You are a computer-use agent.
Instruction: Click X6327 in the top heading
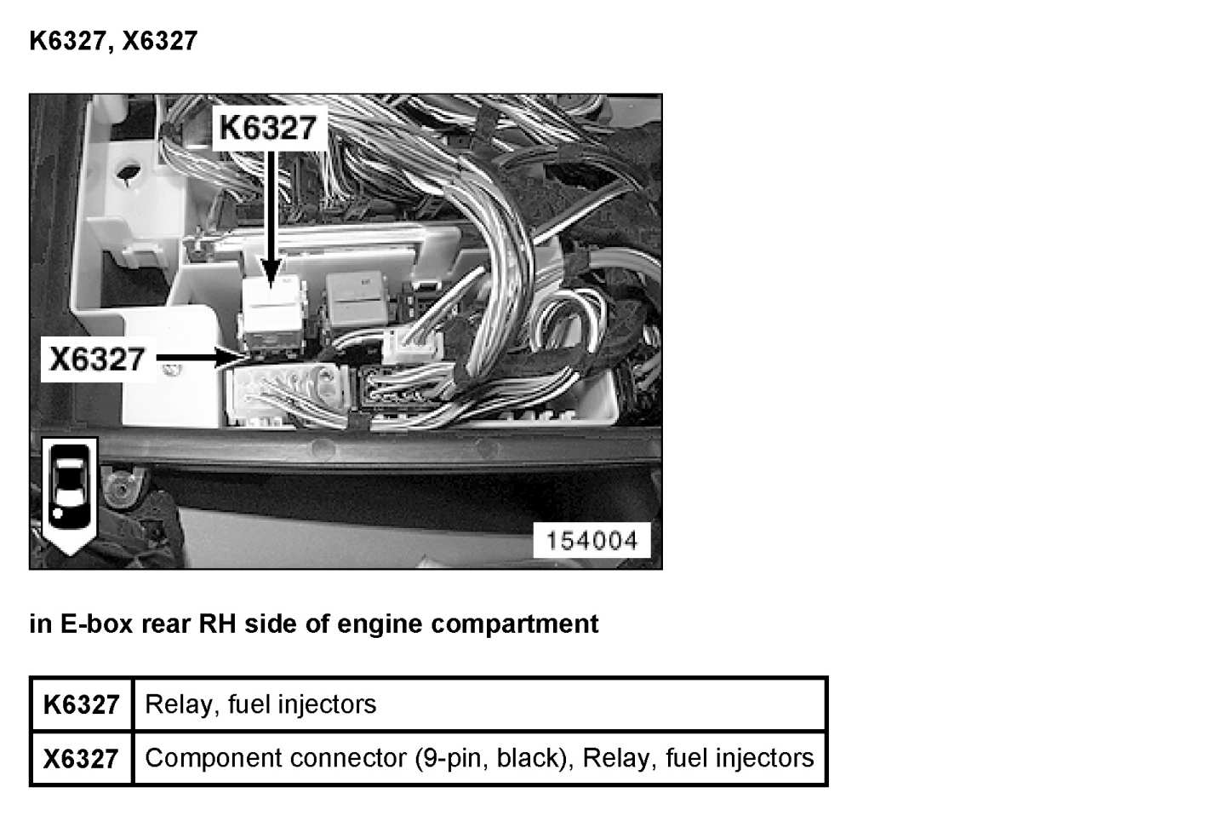[x=159, y=41]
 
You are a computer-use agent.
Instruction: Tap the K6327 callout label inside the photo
[x=268, y=128]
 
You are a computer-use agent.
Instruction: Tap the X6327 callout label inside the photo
[x=97, y=359]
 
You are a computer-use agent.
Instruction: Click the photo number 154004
[x=592, y=541]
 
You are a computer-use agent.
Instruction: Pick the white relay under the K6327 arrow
[x=272, y=311]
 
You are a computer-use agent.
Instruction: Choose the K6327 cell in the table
[x=82, y=705]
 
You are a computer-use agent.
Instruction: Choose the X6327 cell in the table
[x=82, y=758]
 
